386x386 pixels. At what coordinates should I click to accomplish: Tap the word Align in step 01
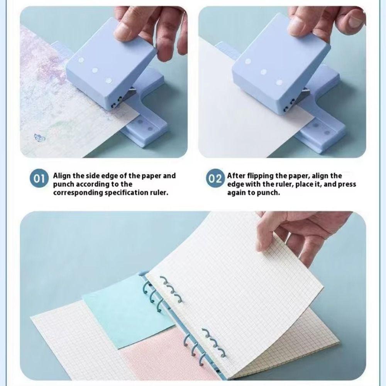coord(62,176)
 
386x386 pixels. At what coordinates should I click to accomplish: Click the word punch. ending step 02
coord(269,192)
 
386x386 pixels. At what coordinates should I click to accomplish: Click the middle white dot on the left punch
coord(94,71)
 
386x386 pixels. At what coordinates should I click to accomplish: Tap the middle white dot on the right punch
coord(264,72)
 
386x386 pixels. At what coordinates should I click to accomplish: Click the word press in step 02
coord(347,184)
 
